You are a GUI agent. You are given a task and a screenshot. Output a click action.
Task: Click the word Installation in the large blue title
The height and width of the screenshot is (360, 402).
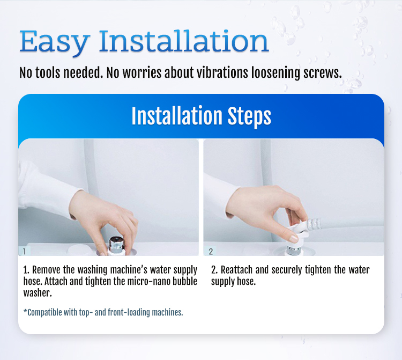(x=184, y=41)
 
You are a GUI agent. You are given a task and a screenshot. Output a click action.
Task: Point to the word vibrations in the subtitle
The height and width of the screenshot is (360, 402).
(x=222, y=72)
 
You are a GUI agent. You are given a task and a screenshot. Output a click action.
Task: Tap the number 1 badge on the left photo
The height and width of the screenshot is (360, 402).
(x=24, y=251)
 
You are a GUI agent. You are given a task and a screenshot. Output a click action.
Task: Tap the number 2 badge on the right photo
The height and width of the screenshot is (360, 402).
(x=211, y=251)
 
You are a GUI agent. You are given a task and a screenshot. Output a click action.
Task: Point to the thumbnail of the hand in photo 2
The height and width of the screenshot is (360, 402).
(x=293, y=239)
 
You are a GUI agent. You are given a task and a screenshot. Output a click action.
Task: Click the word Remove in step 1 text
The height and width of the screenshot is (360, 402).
(x=47, y=270)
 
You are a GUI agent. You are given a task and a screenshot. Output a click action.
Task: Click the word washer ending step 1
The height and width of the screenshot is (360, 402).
(x=38, y=293)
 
